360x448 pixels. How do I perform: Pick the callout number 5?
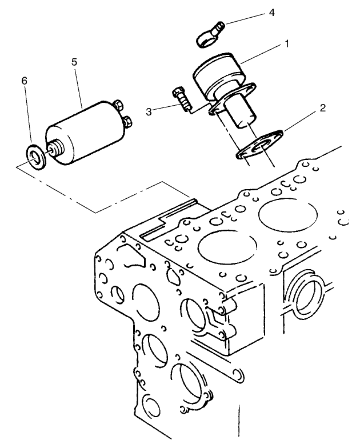click(74, 62)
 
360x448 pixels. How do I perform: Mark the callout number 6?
click(23, 81)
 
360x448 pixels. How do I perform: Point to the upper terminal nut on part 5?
click(119, 106)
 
